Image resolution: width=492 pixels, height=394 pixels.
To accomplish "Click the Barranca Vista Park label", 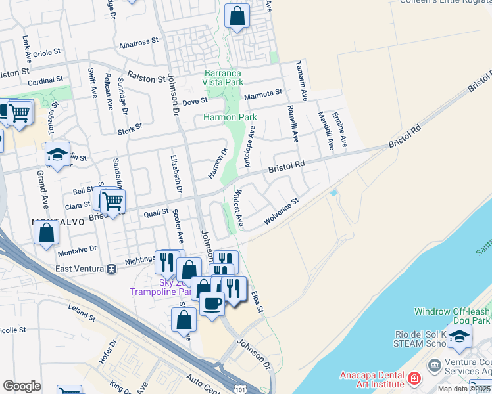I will pos(223,77).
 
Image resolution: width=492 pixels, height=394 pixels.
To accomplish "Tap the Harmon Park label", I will pos(230,117).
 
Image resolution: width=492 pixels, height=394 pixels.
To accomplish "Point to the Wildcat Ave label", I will pos(239,208).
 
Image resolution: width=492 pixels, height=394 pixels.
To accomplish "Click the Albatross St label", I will pos(139,40).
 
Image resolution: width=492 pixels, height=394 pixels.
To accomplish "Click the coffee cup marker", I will pos(212,303).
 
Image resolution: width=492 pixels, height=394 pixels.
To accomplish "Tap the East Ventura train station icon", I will pos(112,269).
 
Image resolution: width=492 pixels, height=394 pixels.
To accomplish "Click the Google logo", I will pos(22,386).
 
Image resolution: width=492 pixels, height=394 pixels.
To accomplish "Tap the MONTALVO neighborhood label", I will pos(58,222).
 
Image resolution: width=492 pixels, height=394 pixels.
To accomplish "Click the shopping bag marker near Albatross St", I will pos(237,15).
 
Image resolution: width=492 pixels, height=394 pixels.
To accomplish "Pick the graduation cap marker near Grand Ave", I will pos(57,154).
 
